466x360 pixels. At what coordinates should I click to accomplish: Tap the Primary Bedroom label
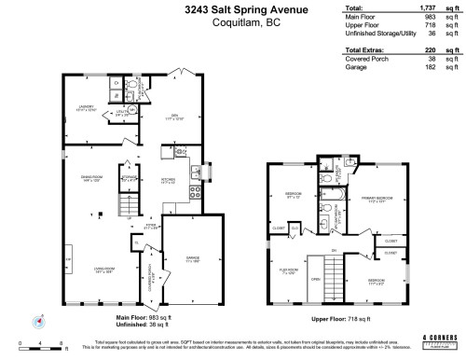pyautogui.click(x=376, y=199)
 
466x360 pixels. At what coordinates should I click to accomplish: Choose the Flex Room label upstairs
pyautogui.click(x=287, y=272)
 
